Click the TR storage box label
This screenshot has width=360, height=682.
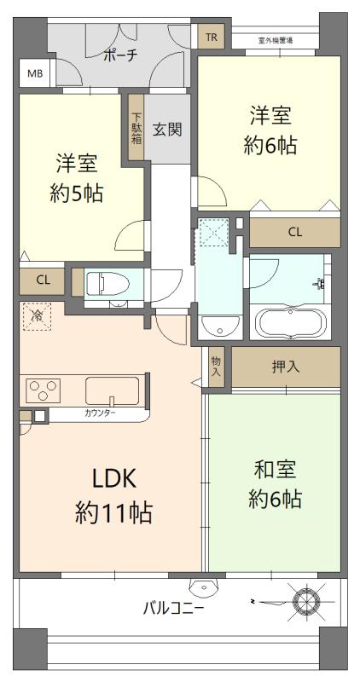(x=211, y=37)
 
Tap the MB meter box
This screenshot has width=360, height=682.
(x=35, y=73)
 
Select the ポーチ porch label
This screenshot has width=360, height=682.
(x=121, y=55)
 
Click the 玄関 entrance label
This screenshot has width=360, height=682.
(x=167, y=130)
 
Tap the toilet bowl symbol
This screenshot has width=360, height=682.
(x=107, y=285)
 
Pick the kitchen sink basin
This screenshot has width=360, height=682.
(x=113, y=390)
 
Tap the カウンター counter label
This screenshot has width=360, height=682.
(x=100, y=413)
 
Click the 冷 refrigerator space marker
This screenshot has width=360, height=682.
(x=37, y=316)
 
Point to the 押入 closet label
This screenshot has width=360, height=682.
(x=286, y=367)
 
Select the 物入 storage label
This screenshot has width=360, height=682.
(x=216, y=367)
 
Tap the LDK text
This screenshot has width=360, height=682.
(x=114, y=479)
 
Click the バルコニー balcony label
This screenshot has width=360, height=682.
(x=173, y=609)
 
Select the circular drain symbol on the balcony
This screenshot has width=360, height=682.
(x=306, y=602)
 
